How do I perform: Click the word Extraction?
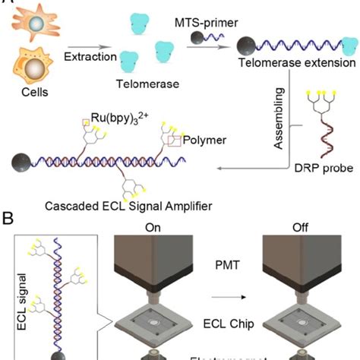click(90, 58)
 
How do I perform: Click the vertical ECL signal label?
click(19, 304)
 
